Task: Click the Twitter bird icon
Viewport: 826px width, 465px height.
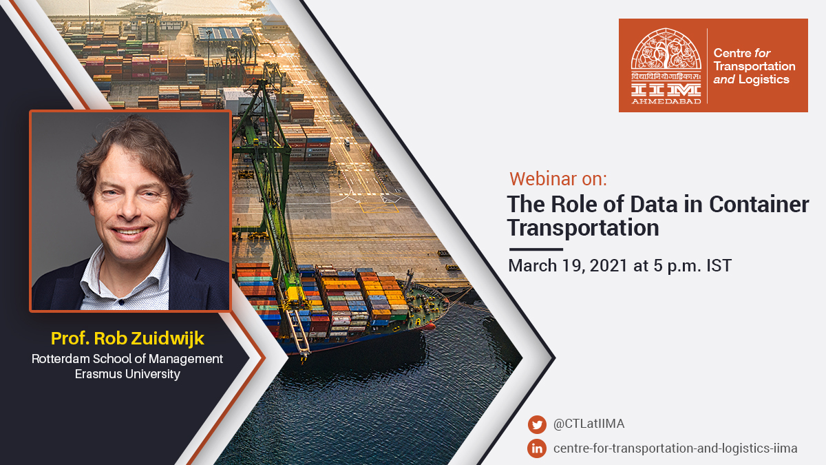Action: click(537, 424)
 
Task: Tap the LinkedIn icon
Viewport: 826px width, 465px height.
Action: click(537, 448)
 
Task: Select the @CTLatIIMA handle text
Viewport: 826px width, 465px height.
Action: click(589, 424)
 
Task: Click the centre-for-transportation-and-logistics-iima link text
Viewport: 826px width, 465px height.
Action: click(675, 448)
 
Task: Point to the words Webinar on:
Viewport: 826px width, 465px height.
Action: click(558, 178)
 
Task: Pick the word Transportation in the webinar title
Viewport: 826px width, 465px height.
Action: click(583, 227)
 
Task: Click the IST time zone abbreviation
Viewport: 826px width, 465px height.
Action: click(719, 266)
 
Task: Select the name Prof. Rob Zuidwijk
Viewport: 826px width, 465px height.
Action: click(127, 338)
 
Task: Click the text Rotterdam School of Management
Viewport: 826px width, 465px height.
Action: click(127, 359)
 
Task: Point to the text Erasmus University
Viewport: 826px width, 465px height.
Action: click(127, 374)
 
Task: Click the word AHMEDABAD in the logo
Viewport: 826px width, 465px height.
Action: click(666, 101)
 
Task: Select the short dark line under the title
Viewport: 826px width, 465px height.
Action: click(536, 249)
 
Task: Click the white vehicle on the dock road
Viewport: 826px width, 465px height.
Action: click(347, 143)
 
